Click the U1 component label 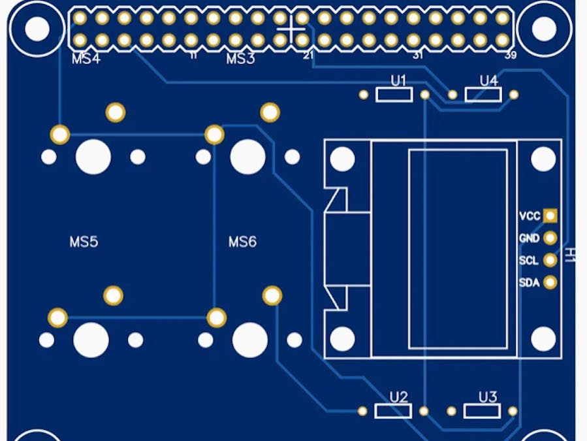398,81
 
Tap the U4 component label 488,81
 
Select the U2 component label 398,397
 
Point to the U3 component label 488,397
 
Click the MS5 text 84,242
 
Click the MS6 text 242,242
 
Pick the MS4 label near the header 86,59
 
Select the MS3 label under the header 240,59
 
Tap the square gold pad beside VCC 550,216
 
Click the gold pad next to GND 550,238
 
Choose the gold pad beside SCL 550,260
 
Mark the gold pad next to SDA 550,282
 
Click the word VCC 529,216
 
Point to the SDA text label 529,283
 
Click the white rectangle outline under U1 394,95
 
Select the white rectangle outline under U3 483,411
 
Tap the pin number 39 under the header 511,56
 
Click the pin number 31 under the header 417,56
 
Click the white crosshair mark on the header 291,29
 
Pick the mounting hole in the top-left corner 37,28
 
